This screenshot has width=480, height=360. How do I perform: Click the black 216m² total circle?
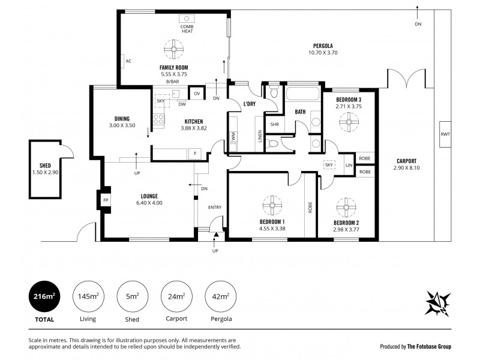[x=44, y=296]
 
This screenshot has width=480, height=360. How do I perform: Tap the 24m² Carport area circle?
[x=176, y=296]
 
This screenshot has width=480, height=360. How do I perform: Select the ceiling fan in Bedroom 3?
[x=349, y=122]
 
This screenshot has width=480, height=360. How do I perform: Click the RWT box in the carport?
[x=444, y=133]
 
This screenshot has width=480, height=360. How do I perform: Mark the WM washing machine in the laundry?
[x=233, y=136]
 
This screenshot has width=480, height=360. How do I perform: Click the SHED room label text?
[x=46, y=165]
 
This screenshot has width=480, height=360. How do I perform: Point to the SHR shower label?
[x=274, y=124]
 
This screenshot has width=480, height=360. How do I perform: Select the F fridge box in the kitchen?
[x=195, y=154]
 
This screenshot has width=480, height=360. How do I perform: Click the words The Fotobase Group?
[x=430, y=346]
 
